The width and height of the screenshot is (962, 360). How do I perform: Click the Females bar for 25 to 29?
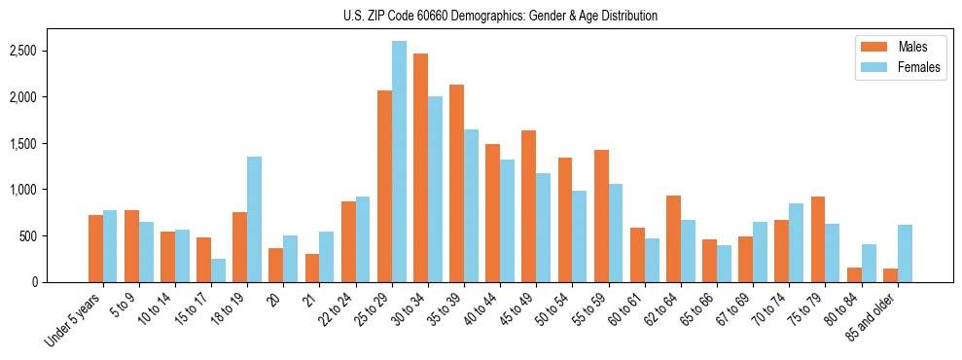[x=399, y=162]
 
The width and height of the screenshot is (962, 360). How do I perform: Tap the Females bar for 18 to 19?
[x=254, y=219]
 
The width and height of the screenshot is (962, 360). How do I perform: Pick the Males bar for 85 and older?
[x=890, y=275]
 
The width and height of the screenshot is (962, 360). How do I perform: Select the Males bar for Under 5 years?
[x=95, y=248]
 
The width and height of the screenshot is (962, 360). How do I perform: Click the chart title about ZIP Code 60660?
[x=500, y=16]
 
